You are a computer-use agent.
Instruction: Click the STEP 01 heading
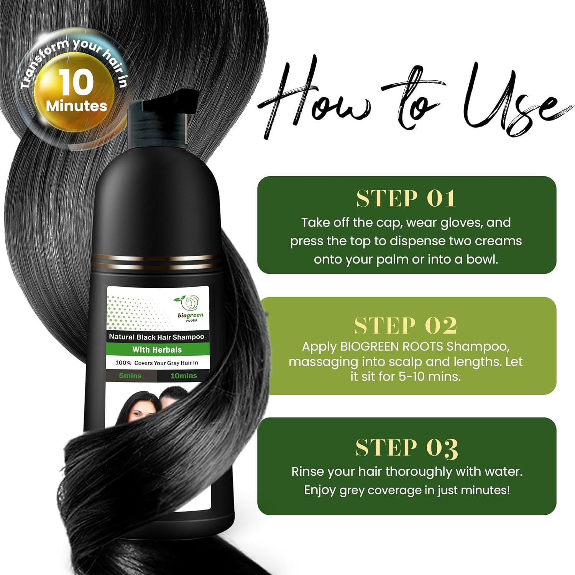pyautogui.click(x=406, y=199)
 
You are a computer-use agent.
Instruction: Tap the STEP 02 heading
pyautogui.click(x=406, y=326)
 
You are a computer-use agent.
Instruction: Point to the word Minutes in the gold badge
pyautogui.click(x=76, y=106)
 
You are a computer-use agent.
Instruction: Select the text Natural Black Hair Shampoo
pyautogui.click(x=156, y=337)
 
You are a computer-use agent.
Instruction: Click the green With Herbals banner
pyautogui.click(x=157, y=350)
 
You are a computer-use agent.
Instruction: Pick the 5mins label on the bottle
pyautogui.click(x=130, y=376)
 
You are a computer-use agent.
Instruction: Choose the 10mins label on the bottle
pyautogui.click(x=183, y=376)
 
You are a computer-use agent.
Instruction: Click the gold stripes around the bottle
pyautogui.click(x=157, y=258)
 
